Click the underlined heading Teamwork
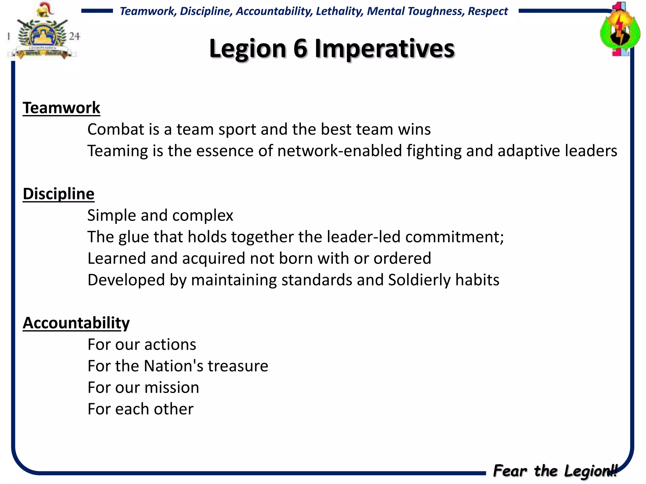(x=61, y=108)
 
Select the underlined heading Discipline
(x=58, y=194)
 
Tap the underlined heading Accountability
(x=76, y=323)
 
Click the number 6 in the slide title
(x=300, y=49)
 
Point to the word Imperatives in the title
(x=385, y=49)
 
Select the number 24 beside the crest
(x=74, y=36)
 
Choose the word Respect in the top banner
(x=488, y=11)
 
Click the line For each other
(x=140, y=409)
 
